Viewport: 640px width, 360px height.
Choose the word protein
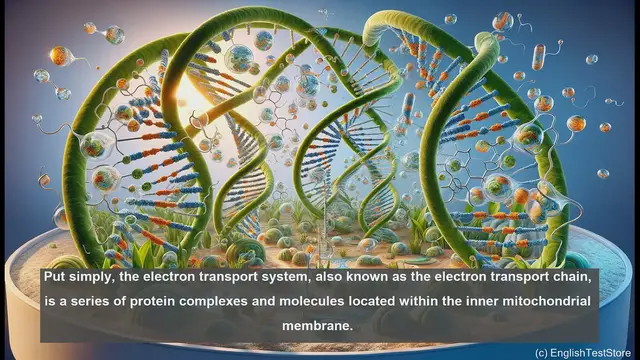tap(146, 301)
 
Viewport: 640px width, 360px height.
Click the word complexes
tap(216, 301)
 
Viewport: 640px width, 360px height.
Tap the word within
tap(439, 301)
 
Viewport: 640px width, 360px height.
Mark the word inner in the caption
tap(500, 301)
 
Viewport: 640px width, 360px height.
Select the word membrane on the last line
tap(319, 325)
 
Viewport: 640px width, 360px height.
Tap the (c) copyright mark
tap(541, 351)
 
